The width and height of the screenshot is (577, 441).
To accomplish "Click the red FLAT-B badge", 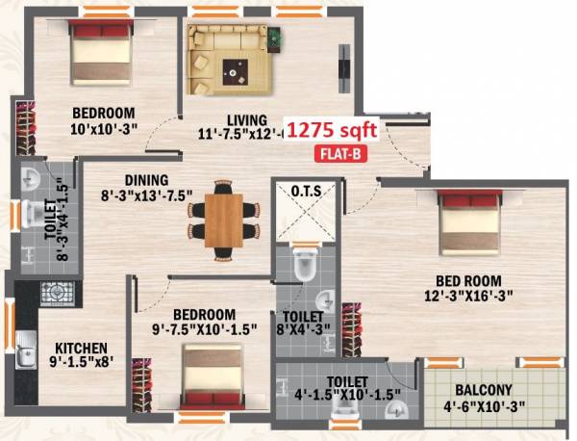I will tap(339, 153).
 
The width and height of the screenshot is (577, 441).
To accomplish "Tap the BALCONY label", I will tap(485, 390).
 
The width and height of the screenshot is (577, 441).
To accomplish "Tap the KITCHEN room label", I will tap(81, 349).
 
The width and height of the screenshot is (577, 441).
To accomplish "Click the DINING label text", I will tap(145, 180).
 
